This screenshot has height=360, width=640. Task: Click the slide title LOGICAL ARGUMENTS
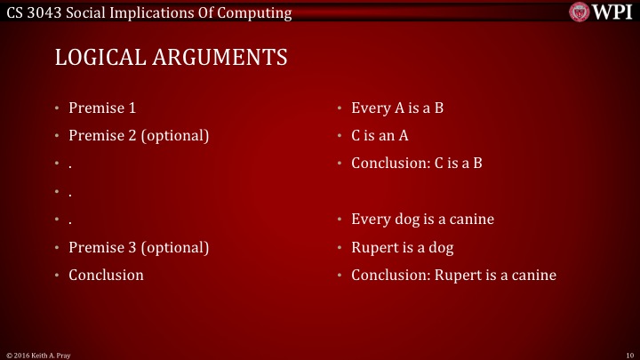(171, 58)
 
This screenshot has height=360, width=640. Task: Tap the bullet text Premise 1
(102, 108)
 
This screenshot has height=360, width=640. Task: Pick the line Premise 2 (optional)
(139, 136)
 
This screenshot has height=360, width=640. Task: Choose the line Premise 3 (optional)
(139, 247)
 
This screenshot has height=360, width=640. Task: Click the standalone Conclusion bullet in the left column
(106, 275)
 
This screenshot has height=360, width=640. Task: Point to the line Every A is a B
(397, 108)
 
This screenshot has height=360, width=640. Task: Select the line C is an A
(380, 136)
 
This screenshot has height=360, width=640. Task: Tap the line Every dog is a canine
(422, 220)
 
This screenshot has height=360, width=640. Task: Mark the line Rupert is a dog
(403, 247)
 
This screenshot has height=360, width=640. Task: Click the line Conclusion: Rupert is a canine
(453, 275)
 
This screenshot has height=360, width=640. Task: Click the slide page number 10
(628, 355)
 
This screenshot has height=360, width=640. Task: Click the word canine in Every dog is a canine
(471, 220)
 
